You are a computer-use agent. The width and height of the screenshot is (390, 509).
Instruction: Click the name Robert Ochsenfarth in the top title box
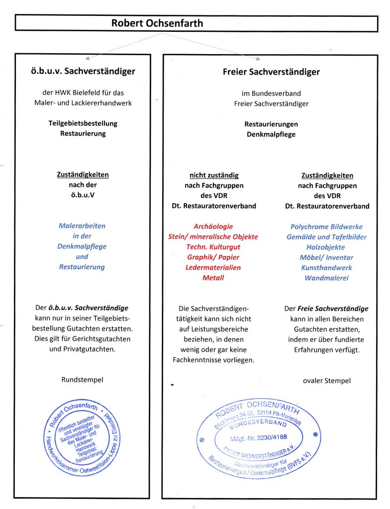point(157,23)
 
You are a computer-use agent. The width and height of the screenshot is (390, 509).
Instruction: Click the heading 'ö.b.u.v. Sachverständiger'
point(83,71)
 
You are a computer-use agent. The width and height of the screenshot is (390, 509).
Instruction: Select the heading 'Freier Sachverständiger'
point(271,72)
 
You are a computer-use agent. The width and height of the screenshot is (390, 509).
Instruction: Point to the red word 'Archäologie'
point(213,227)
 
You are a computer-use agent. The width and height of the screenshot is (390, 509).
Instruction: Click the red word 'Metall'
point(213,277)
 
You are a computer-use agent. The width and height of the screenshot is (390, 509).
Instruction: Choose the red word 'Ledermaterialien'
point(213,267)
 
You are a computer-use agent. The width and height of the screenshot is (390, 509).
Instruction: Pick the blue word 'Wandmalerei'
point(327,277)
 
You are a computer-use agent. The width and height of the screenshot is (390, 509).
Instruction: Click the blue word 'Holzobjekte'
point(326,247)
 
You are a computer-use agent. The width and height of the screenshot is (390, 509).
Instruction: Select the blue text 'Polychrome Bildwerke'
point(327,227)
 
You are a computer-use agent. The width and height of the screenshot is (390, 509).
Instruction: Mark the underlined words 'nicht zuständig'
point(214,175)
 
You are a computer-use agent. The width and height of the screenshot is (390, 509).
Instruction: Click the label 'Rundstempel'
point(82,380)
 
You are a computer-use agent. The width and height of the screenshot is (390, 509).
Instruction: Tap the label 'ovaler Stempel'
point(326,381)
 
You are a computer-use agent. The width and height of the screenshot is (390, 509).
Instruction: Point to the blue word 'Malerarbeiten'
point(82,226)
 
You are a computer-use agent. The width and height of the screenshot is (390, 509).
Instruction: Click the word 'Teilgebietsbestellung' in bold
point(83,123)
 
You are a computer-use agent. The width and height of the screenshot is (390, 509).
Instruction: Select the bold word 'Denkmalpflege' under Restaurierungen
point(271,134)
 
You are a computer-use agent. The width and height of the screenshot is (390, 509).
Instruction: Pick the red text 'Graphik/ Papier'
point(213,257)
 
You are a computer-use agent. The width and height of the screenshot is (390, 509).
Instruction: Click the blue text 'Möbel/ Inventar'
point(326,257)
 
